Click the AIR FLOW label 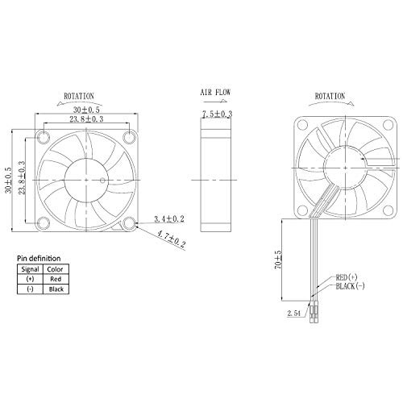click(x=215, y=93)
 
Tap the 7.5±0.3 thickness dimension click(x=217, y=114)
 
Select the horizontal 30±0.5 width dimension click(x=86, y=110)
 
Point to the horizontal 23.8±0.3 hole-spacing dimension click(x=86, y=119)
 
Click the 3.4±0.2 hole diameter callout click(x=169, y=219)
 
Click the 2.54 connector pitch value click(x=294, y=314)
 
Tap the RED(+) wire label click(x=347, y=277)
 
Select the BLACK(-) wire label click(x=351, y=286)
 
